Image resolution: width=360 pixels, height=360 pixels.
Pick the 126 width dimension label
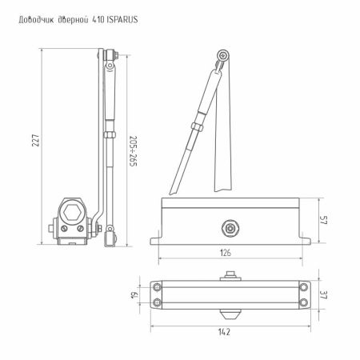coord(226,253)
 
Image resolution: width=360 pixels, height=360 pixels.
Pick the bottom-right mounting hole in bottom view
coord(304,302)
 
